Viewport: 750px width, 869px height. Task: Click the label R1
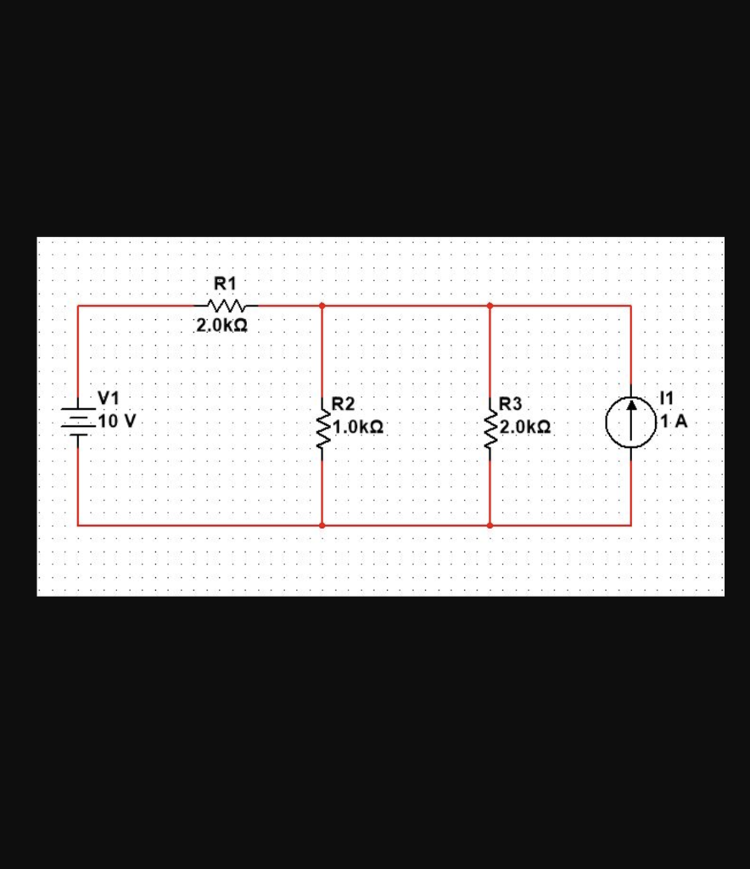pos(225,283)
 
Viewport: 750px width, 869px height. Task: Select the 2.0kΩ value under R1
pos(222,325)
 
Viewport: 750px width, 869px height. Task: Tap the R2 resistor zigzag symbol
pos(322,429)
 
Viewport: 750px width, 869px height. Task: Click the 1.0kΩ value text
pos(359,427)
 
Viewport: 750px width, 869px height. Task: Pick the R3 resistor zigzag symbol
pos(490,429)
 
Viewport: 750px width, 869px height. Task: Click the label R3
pos(512,404)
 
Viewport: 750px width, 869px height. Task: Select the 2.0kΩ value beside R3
pos(526,427)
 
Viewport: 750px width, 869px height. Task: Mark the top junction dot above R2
pos(322,306)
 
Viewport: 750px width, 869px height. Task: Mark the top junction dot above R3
pos(490,306)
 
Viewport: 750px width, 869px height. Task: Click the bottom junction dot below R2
pos(322,525)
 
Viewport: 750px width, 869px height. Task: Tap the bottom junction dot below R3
pos(490,525)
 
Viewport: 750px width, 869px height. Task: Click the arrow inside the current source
pos(630,416)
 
